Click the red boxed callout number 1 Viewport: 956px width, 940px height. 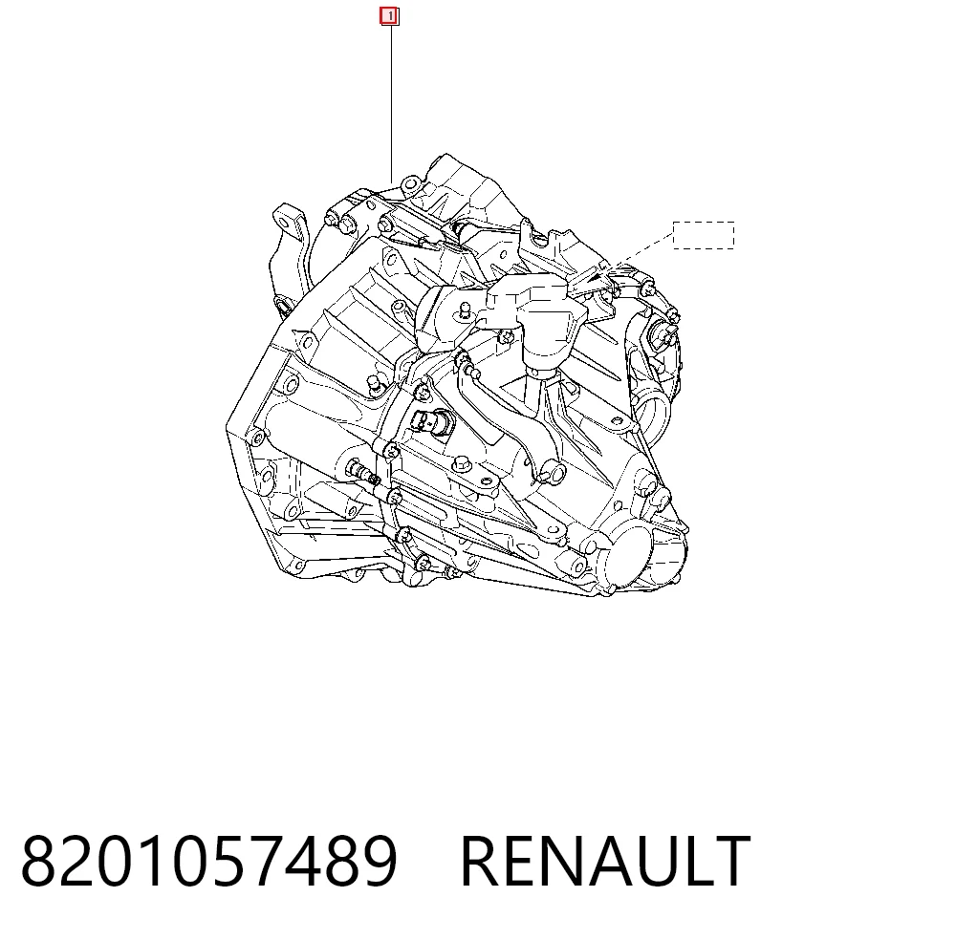point(389,16)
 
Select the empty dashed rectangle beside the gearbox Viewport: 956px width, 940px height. point(704,235)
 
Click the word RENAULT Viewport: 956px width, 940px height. point(605,861)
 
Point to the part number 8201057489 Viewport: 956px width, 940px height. point(209,861)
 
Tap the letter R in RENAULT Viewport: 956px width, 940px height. point(481,861)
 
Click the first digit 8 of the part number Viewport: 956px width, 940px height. point(39,861)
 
